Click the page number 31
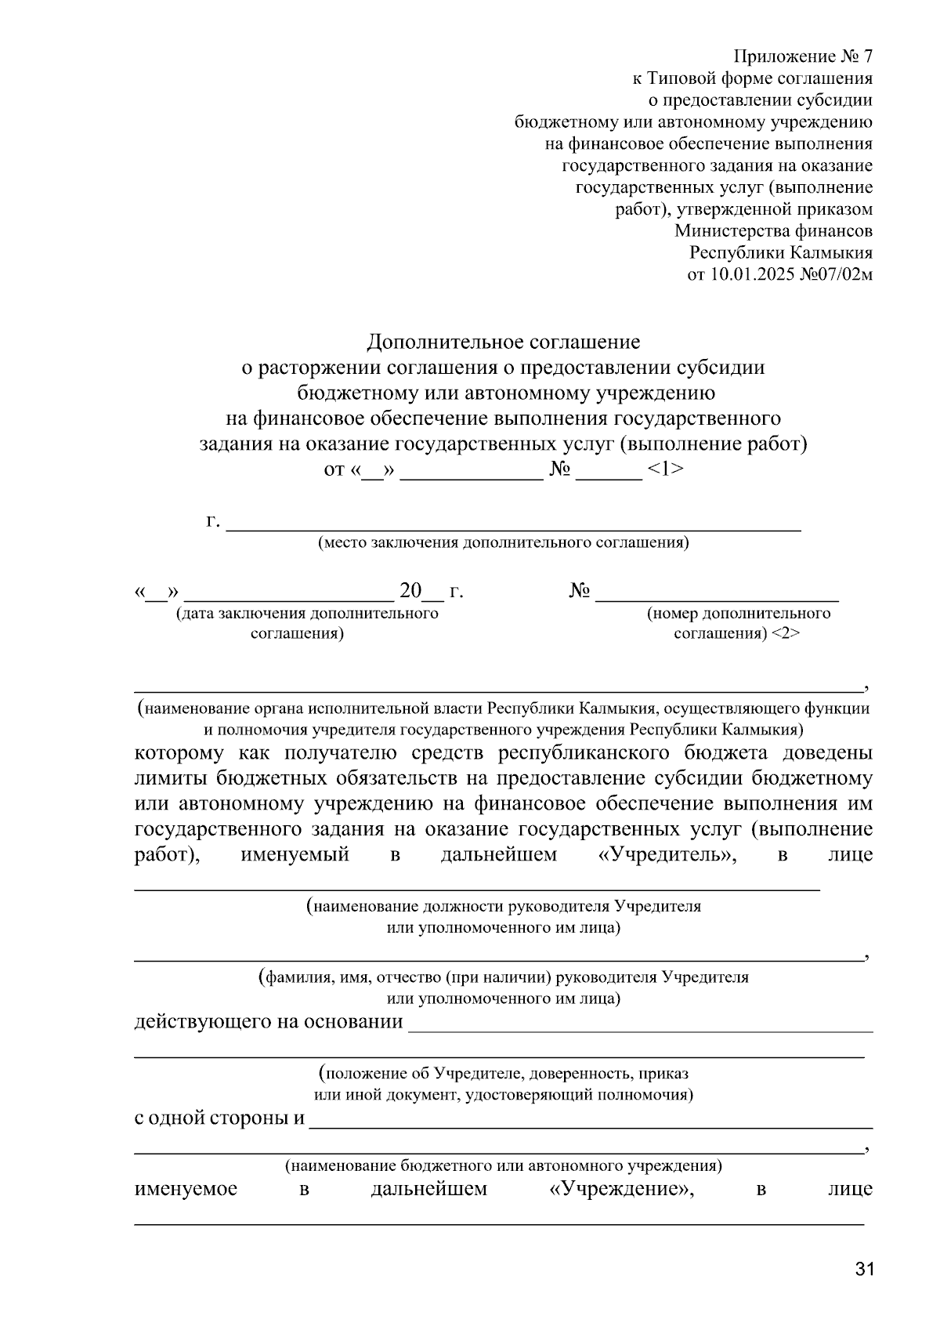click(x=864, y=1270)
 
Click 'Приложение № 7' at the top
click(x=802, y=56)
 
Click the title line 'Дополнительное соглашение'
click(x=504, y=342)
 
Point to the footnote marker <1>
click(x=666, y=469)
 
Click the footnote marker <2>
click(x=786, y=633)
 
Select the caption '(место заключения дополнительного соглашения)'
click(x=503, y=542)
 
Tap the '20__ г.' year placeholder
click(x=431, y=591)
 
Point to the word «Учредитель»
click(x=667, y=854)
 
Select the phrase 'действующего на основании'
click(x=269, y=1022)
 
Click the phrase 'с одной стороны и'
click(x=219, y=1118)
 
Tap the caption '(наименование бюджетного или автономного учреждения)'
click(x=503, y=1165)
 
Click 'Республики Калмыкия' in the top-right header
click(x=780, y=253)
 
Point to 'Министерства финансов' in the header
click(x=773, y=231)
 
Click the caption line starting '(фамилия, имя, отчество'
click(x=503, y=977)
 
